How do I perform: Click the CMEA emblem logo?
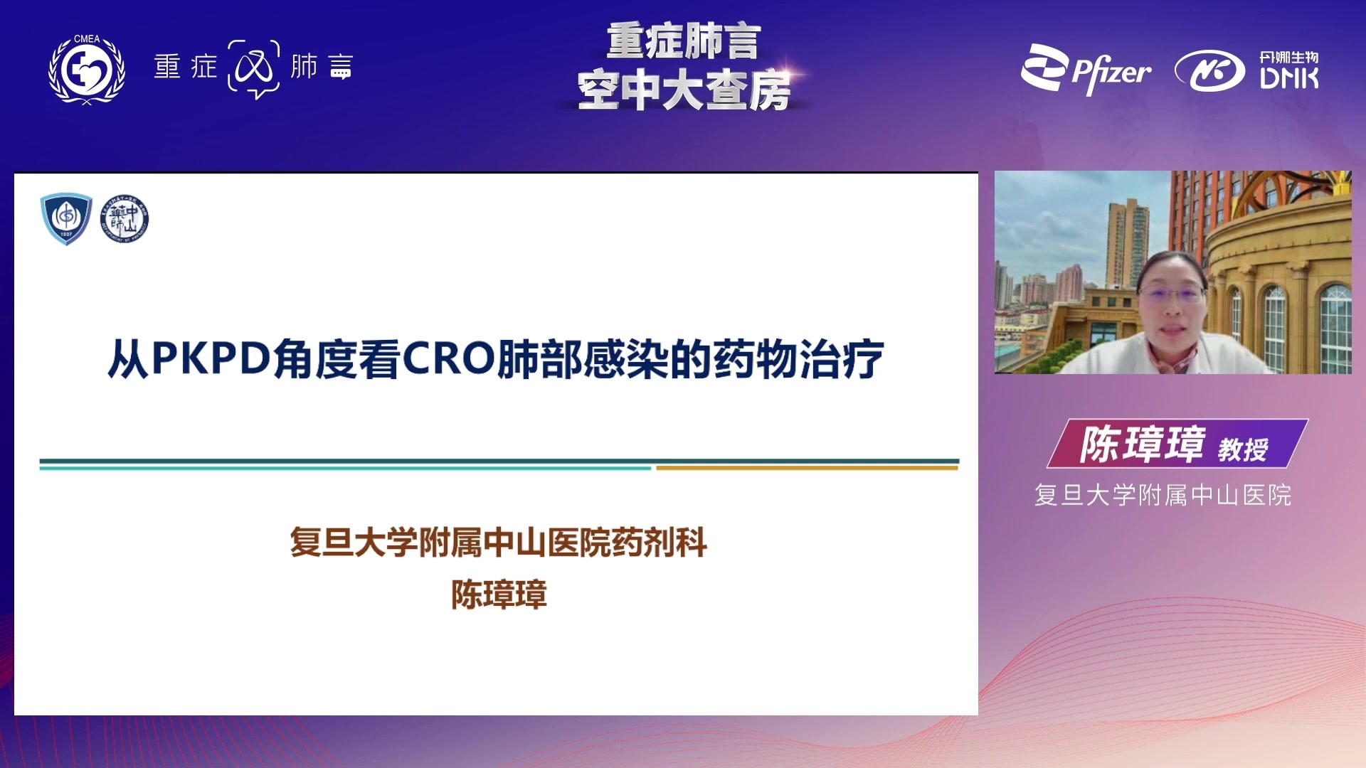(x=87, y=69)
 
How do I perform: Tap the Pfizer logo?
(x=1086, y=69)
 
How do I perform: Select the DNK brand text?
(x=1289, y=78)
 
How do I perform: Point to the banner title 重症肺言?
(x=684, y=41)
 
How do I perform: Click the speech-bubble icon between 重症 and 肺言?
(x=254, y=69)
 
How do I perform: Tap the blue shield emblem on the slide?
(x=66, y=218)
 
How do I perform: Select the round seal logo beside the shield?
(x=125, y=218)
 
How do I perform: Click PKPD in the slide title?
(x=211, y=358)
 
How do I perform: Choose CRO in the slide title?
(x=449, y=358)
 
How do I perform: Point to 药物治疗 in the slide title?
(x=798, y=359)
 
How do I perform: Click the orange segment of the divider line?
(x=808, y=468)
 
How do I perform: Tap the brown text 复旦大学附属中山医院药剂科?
(x=498, y=543)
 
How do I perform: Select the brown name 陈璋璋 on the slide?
(x=499, y=594)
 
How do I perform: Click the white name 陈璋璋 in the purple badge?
(x=1142, y=444)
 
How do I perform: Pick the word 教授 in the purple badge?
(x=1243, y=449)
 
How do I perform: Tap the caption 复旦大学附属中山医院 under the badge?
(x=1163, y=495)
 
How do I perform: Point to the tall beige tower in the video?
(x=1128, y=242)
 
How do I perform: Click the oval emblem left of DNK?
(x=1209, y=71)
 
